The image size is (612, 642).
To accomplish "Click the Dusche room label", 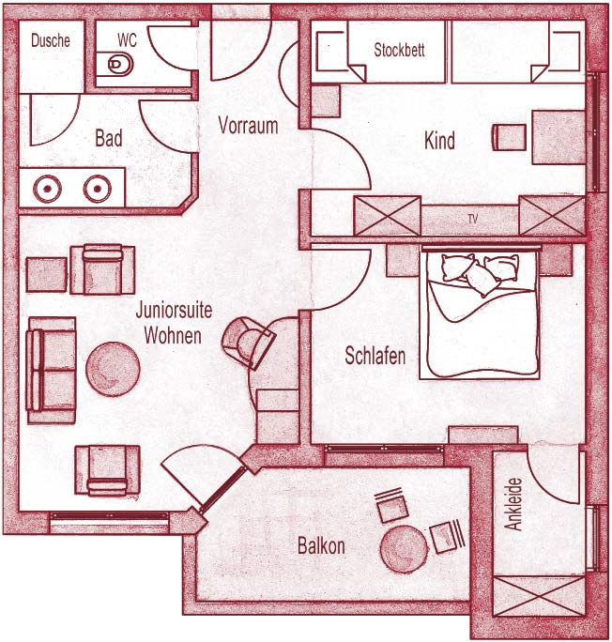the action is [51, 40].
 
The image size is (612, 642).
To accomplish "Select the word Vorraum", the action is [248, 125].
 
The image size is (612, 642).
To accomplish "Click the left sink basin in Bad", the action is [48, 189].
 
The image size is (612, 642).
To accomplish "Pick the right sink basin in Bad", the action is [98, 189].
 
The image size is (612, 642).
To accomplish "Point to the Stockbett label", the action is [399, 50].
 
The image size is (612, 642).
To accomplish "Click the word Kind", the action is [439, 141].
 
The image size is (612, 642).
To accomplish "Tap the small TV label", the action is [473, 219].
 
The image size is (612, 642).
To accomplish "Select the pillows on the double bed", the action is [481, 272].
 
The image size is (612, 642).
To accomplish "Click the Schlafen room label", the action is [375, 356].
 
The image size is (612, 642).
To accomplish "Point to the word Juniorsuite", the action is [174, 310].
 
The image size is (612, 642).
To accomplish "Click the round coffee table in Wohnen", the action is [113, 369].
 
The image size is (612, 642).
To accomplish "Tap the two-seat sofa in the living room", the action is [52, 371].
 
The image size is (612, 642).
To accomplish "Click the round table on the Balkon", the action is [404, 549].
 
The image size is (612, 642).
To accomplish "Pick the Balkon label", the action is [321, 545].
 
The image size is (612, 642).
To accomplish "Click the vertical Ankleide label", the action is [513, 504].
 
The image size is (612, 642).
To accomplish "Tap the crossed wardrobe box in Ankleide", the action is [540, 596].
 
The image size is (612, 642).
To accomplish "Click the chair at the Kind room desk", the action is [509, 137].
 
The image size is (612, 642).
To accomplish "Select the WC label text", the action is [127, 40].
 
